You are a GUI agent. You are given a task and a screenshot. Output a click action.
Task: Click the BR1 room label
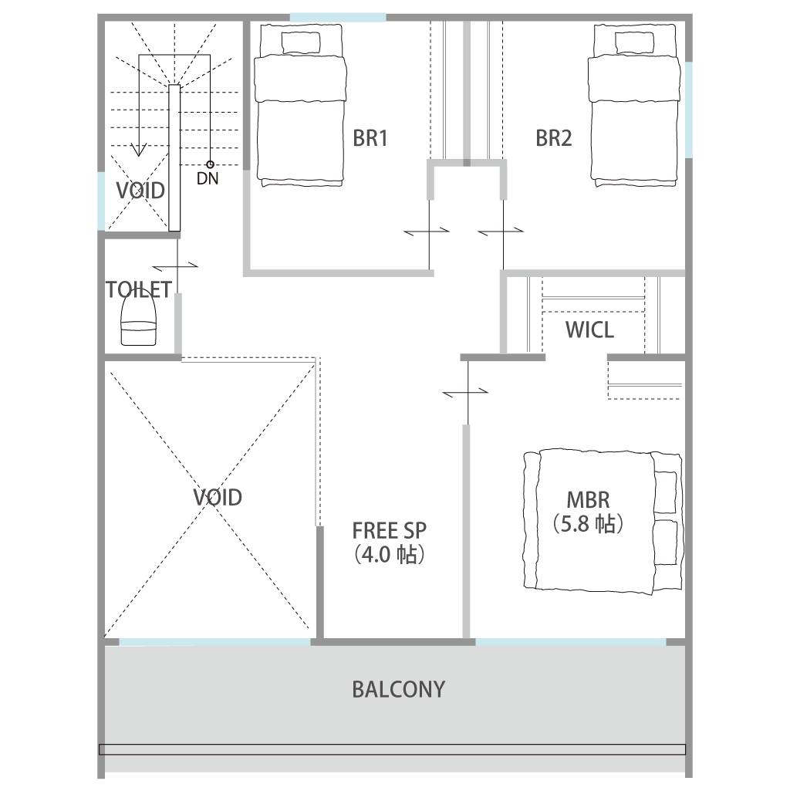tap(370, 138)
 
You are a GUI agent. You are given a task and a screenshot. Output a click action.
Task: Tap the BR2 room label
tap(553, 138)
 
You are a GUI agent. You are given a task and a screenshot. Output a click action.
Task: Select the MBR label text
tap(588, 500)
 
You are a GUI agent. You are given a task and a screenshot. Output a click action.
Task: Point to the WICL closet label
tap(589, 330)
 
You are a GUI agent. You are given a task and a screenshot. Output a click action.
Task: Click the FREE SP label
tap(390, 531)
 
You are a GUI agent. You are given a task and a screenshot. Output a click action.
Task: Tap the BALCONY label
tap(399, 690)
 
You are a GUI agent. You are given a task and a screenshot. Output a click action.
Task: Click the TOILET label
tap(139, 290)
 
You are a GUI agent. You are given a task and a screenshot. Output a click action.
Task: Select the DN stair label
tap(208, 178)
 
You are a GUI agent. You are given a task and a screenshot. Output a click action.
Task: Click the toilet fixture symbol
tap(138, 320)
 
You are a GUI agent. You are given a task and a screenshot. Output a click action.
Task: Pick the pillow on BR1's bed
tap(301, 42)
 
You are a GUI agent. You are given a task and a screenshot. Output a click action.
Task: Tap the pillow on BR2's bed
tap(635, 42)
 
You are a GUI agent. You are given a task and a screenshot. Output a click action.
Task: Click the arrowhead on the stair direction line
tap(139, 150)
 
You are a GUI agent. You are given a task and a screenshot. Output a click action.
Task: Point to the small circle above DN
tap(210, 164)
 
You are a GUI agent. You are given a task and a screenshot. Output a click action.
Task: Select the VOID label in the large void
tap(218, 498)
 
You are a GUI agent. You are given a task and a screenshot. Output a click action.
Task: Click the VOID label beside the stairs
tap(140, 191)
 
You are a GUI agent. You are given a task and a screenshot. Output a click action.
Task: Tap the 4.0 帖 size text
tap(390, 554)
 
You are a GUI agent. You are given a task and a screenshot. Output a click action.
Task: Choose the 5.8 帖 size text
tap(588, 524)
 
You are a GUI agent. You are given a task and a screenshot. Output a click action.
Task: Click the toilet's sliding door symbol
tap(177, 265)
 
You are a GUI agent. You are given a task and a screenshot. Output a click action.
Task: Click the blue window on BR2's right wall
tap(689, 110)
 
